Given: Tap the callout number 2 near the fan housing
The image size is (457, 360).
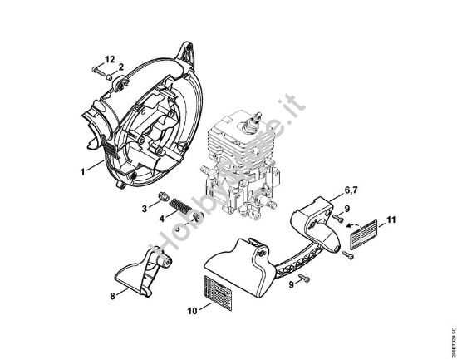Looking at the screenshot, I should click(x=120, y=67).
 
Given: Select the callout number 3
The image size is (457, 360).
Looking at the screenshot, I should click(x=145, y=206).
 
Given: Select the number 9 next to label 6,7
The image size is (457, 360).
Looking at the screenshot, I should click(x=347, y=208).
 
